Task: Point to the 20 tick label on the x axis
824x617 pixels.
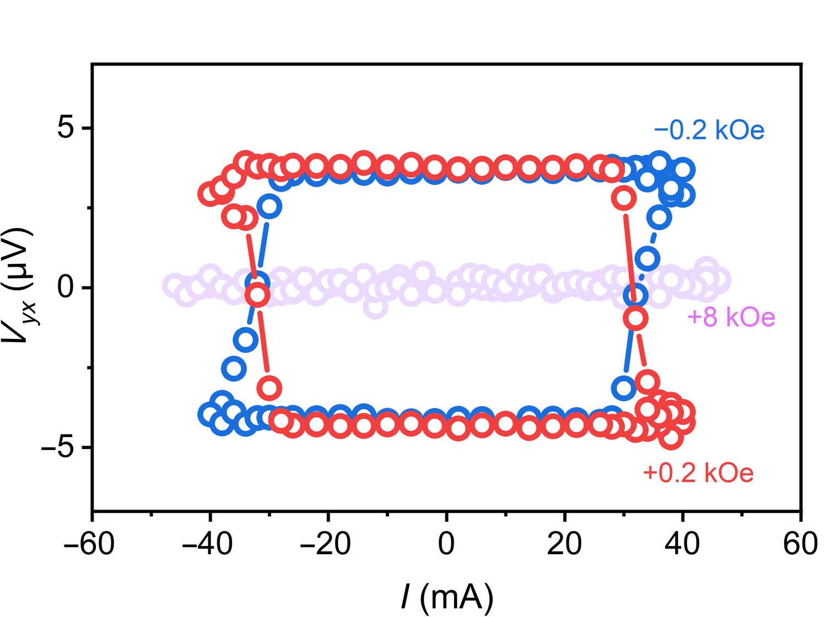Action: point(564,544)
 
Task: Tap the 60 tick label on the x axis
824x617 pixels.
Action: point(800,544)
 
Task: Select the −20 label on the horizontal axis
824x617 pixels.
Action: point(325,544)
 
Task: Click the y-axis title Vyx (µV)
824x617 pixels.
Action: point(19,286)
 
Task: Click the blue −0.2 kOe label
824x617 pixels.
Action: point(709,131)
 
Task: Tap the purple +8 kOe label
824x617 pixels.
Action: point(731,317)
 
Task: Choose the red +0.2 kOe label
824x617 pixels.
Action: point(698,473)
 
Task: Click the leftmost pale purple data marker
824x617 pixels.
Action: point(174,285)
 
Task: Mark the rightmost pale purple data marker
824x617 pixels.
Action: point(719,280)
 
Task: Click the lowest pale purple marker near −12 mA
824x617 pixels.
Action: point(375,307)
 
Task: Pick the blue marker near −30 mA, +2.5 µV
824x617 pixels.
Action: point(270,206)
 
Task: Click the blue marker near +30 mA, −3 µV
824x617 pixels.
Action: point(624,388)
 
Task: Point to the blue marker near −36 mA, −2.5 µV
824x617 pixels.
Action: point(234,368)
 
